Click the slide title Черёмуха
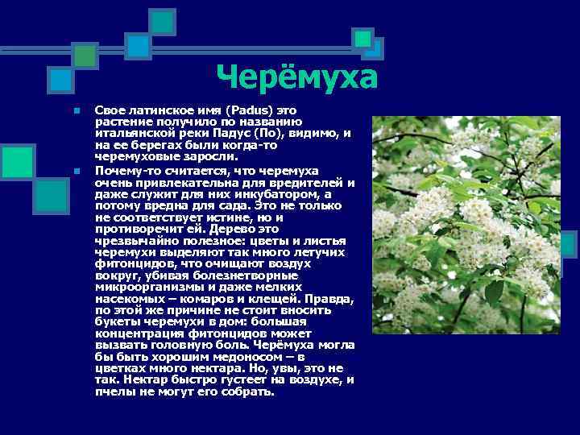coord(297,78)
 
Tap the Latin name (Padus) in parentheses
coord(251,109)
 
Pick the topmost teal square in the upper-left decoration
coord(164,21)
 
